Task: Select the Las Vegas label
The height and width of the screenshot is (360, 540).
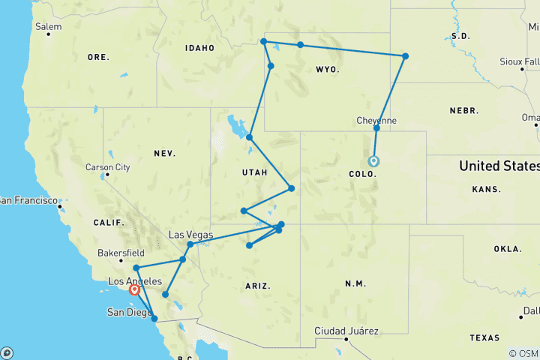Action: tap(187, 235)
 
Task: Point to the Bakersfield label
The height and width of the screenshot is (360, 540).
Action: tap(120, 253)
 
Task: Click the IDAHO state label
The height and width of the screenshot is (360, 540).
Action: tap(200, 48)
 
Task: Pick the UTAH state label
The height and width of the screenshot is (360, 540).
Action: tap(254, 172)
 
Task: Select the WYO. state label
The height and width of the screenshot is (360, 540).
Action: tap(328, 70)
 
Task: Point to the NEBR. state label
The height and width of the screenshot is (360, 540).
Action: tap(464, 110)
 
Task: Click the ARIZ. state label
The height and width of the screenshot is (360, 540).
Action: tap(257, 286)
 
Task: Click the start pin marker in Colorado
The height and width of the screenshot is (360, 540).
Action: tap(373, 160)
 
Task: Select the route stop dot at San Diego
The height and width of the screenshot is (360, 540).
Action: tap(154, 319)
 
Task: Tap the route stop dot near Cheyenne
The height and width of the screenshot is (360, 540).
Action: tap(376, 128)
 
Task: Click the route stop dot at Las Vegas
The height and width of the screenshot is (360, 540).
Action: tap(190, 244)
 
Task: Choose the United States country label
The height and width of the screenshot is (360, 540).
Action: tap(498, 166)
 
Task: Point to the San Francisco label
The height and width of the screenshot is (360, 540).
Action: tap(30, 200)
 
